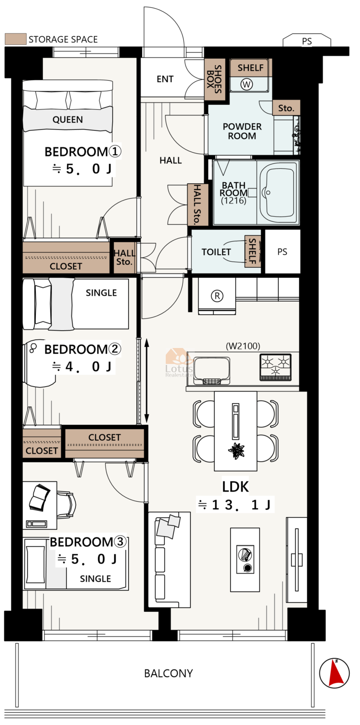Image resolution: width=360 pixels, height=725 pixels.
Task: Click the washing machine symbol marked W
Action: pos(246,85)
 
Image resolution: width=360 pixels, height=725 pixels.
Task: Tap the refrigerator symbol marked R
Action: pos(217,296)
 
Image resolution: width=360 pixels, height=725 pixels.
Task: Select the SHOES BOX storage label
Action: pos(215,79)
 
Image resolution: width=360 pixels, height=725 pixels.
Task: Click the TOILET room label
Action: pos(216,252)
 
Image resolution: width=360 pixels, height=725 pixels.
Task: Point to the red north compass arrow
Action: pos(335,673)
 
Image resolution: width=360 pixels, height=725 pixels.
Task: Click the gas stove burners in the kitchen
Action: pos(275,367)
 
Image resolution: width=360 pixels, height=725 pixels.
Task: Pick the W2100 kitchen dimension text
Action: pos(243,346)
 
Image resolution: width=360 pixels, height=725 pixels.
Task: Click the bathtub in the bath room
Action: pos(278,192)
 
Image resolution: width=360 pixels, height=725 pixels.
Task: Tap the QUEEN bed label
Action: pos(68,119)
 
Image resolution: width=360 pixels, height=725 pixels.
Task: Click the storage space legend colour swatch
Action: pos(15,39)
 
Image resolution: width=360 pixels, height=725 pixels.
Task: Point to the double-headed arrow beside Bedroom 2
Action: pos(146,381)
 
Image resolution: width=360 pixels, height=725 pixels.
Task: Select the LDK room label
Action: pos(235,486)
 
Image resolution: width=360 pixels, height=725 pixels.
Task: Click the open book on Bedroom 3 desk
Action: pos(40,497)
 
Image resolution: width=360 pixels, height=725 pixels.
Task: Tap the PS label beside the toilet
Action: pos(282,252)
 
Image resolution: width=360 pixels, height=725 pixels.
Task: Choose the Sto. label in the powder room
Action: pos(286,108)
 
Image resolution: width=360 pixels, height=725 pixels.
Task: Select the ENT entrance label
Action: pos(165,79)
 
